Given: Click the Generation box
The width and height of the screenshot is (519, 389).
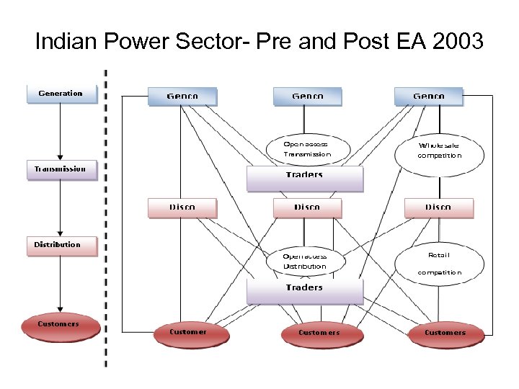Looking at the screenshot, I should point(61,94).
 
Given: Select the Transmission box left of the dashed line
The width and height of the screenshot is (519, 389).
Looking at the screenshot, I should point(61,169).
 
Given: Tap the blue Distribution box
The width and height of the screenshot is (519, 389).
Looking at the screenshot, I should point(61,245).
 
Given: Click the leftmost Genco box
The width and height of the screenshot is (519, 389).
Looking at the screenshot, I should point(182,96).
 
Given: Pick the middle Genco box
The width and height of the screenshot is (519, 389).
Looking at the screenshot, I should point(307,96).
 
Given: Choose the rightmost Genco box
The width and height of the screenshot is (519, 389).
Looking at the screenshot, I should point(428,96).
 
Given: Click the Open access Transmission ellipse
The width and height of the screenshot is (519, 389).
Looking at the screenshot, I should point(307,149).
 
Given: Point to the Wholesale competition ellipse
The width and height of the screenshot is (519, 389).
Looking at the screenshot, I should point(439,150).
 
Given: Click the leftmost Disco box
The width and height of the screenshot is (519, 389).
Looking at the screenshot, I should point(182,207).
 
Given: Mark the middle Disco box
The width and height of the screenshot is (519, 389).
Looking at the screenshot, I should point(307,207).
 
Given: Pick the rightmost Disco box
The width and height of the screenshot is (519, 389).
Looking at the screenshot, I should point(438,207).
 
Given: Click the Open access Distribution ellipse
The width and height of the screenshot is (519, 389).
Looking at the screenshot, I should point(305,261).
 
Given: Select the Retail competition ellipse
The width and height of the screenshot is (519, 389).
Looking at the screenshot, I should point(439,264).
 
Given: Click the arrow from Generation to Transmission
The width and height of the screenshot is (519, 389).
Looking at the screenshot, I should point(61,133).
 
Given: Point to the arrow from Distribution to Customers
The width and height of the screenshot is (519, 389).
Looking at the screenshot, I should point(61,285).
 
